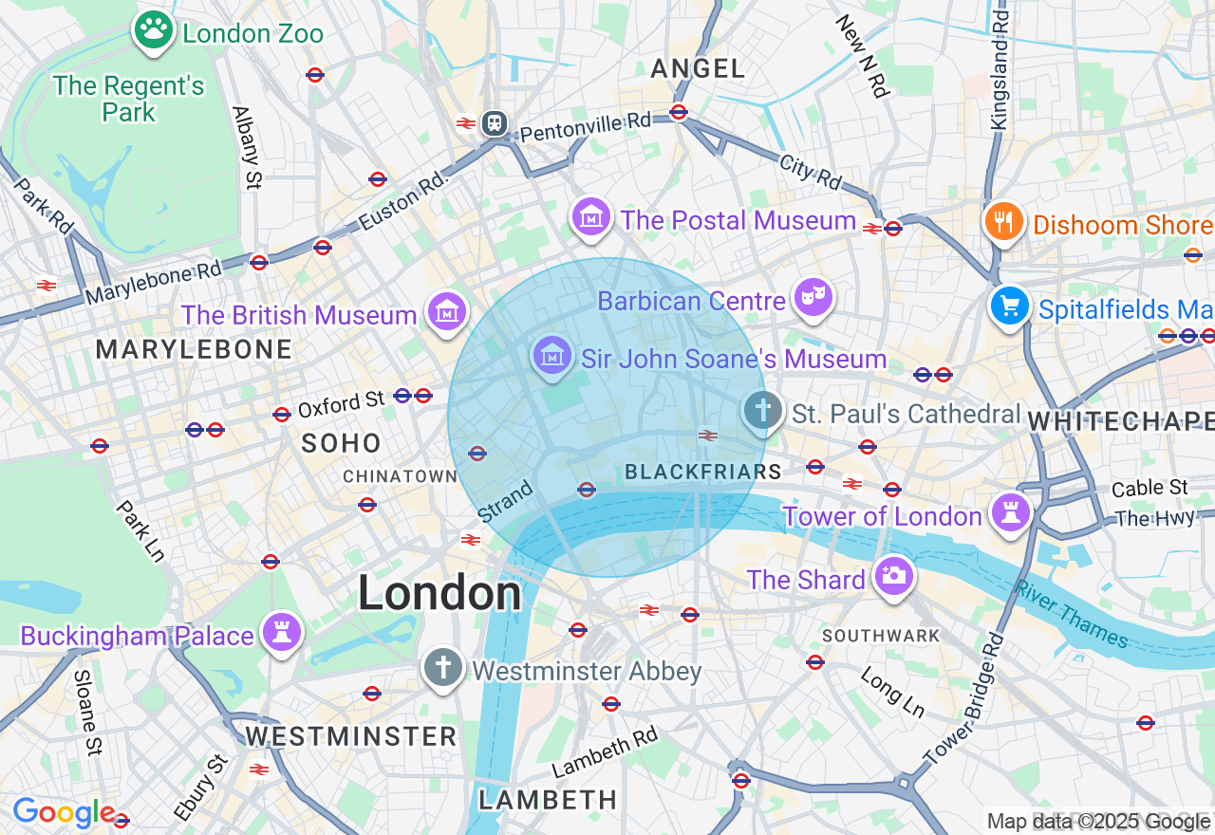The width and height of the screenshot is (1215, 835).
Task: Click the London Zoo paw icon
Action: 153,30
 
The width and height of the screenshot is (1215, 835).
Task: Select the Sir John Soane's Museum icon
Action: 551,356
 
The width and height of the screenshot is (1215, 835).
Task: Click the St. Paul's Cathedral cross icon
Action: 761,411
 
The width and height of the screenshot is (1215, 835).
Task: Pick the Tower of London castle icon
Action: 1010,512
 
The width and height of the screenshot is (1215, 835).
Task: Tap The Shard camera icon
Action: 893,575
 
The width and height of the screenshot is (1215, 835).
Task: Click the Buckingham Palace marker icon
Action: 281,632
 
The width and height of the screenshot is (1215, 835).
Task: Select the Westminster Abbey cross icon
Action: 442,667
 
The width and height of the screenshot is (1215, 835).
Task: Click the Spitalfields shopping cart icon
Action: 1010,306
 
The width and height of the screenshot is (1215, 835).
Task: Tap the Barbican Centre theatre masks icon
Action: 813,298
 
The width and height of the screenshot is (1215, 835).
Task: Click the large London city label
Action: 439,594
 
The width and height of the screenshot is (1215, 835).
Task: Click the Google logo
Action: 63,812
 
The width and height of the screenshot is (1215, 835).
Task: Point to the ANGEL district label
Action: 699,68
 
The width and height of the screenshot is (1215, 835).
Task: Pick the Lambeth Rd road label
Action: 605,754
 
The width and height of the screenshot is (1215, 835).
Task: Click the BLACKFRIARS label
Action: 702,472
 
